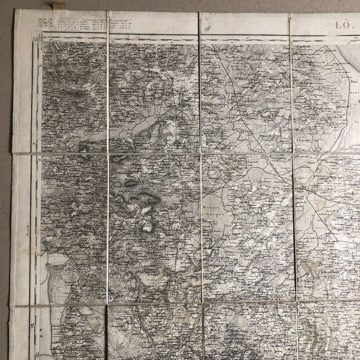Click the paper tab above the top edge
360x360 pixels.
tap(53, 7)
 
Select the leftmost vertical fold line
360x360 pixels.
tap(107, 169)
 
